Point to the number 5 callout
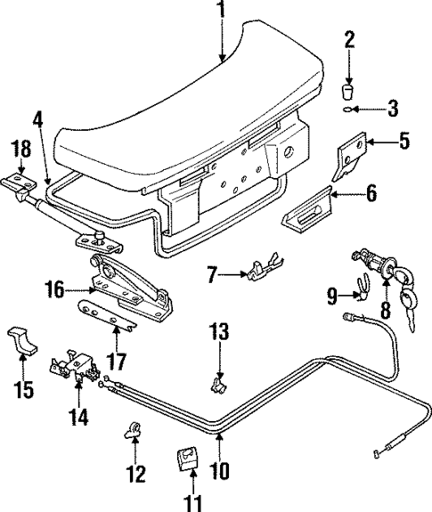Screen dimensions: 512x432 point(402,140)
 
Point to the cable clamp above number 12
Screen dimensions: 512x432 point(136,430)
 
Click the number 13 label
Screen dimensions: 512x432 point(219,333)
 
